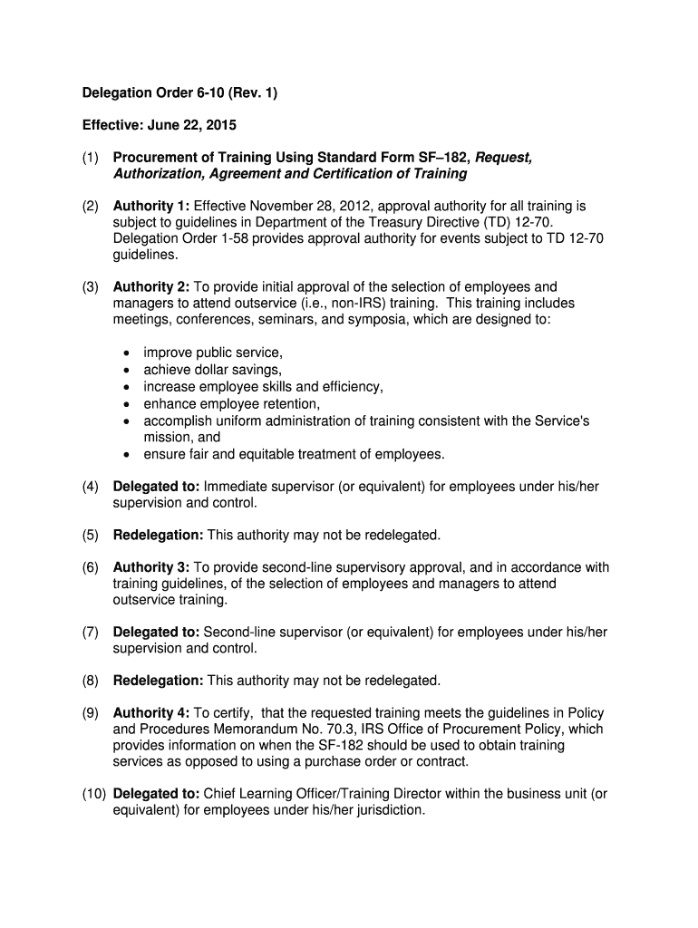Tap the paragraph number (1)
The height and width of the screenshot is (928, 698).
(x=91, y=158)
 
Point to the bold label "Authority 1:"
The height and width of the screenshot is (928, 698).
(x=151, y=207)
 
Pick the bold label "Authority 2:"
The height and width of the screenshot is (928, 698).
(x=151, y=287)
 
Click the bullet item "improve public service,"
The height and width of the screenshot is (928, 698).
(x=213, y=353)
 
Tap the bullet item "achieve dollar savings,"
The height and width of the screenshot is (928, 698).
(x=212, y=370)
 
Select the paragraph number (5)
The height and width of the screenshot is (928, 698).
(x=91, y=535)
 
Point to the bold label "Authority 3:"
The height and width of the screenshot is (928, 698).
(x=151, y=567)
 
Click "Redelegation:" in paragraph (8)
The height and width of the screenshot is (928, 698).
(x=159, y=681)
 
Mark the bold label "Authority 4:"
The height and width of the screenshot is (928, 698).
(x=151, y=713)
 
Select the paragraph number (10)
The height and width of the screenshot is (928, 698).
(x=94, y=794)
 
